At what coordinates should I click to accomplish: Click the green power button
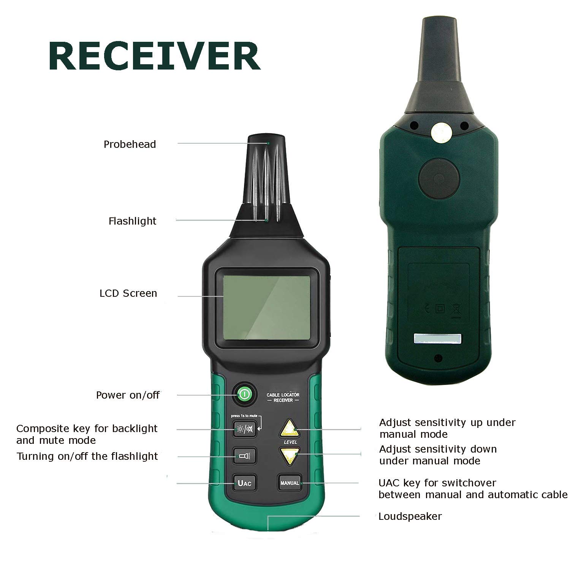pyautogui.click(x=244, y=395)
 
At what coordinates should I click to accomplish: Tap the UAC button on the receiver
pyautogui.click(x=244, y=483)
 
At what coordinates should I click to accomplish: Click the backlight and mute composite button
pyautogui.click(x=244, y=429)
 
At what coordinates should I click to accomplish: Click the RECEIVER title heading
pyautogui.click(x=154, y=57)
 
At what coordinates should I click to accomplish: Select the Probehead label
pyautogui.click(x=130, y=144)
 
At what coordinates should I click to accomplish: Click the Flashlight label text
pyautogui.click(x=132, y=221)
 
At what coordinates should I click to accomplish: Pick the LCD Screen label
pyautogui.click(x=128, y=293)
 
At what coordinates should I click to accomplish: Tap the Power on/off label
pyautogui.click(x=128, y=395)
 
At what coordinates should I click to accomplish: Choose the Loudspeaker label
pyautogui.click(x=410, y=516)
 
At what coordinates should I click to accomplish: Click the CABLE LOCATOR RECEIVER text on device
pyautogui.click(x=283, y=397)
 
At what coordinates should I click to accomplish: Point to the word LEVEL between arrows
pyautogui.click(x=290, y=442)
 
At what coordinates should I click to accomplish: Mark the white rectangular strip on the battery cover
pyautogui.click(x=437, y=339)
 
